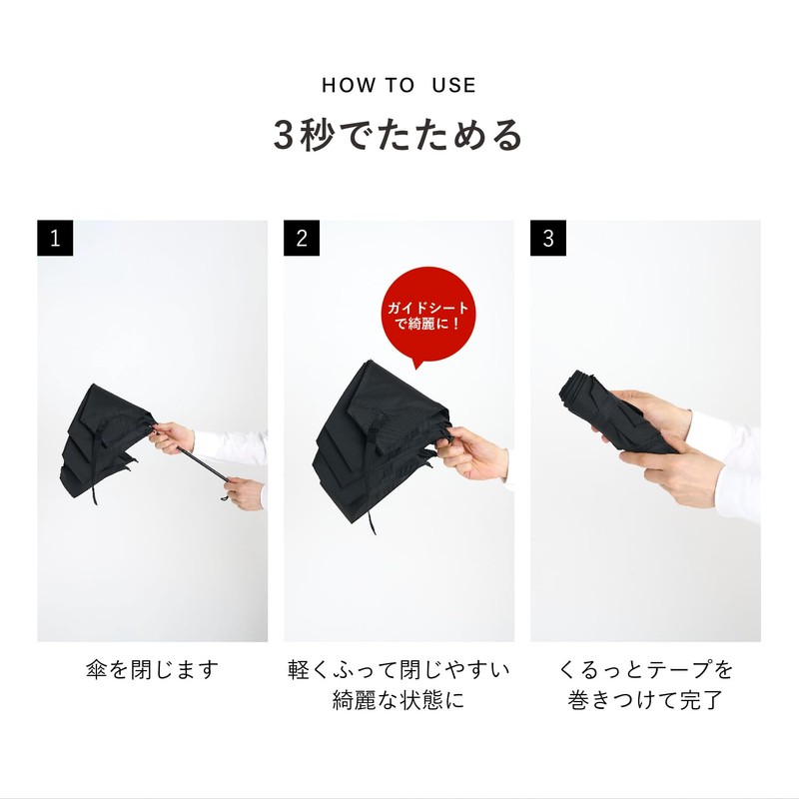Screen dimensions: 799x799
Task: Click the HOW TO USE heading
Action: click(399, 85)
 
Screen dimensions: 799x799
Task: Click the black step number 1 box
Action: click(56, 239)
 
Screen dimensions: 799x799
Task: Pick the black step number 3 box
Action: click(548, 239)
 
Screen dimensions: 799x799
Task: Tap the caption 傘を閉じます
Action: click(152, 668)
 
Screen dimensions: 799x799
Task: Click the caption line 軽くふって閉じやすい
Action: click(399, 668)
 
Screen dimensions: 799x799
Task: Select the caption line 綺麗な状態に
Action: click(399, 700)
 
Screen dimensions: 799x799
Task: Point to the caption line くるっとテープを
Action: click(645, 668)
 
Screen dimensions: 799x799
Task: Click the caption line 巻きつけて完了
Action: click(645, 700)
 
